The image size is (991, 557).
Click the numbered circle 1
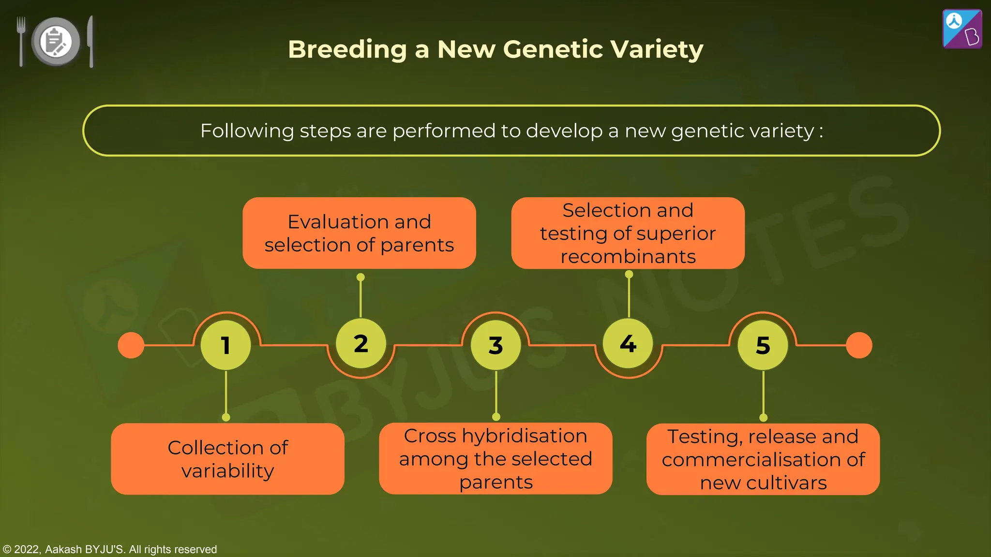(225, 345)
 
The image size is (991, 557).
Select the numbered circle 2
(360, 344)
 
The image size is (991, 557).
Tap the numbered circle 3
(495, 345)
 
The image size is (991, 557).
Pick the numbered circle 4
(628, 344)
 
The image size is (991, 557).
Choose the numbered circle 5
(763, 345)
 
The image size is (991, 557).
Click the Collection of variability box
(227, 459)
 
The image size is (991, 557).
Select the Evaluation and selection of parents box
(359, 233)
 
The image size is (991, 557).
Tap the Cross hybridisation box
(495, 458)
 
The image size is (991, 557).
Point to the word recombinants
(628, 257)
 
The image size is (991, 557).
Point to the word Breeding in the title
(347, 49)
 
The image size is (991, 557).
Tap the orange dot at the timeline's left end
(131, 345)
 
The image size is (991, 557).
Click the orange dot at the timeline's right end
(859, 345)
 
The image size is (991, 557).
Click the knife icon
(90, 41)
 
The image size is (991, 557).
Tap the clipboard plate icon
(56, 42)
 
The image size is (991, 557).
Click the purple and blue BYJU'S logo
(962, 29)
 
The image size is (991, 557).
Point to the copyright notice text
(110, 549)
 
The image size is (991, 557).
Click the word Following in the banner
(247, 131)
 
